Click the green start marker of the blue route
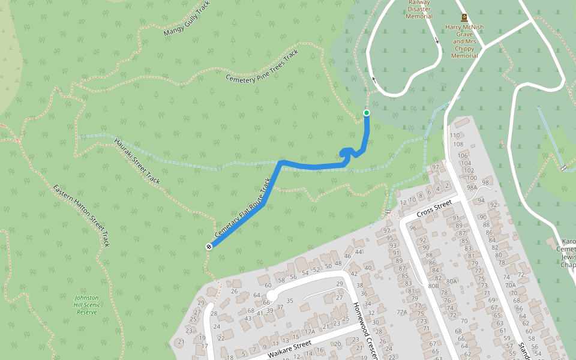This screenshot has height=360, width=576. (x=367, y=113)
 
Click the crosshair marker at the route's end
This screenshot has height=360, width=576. (x=209, y=246)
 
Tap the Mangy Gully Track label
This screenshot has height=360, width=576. (x=187, y=23)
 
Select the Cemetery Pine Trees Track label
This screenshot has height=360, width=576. (x=262, y=67)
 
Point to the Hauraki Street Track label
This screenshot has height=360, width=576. (x=137, y=161)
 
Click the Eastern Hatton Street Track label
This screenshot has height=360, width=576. (x=82, y=215)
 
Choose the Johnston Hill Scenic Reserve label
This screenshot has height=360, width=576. (x=87, y=305)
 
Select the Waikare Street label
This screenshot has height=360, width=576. (x=289, y=348)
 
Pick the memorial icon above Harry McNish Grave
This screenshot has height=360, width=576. (x=464, y=18)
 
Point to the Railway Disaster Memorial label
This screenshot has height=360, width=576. (x=419, y=9)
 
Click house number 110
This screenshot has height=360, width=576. (x=455, y=136)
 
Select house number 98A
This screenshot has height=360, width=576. (x=472, y=188)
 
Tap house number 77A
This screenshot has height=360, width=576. (x=402, y=312)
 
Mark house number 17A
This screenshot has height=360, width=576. (x=310, y=332)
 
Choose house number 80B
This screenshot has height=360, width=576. (x=434, y=286)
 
